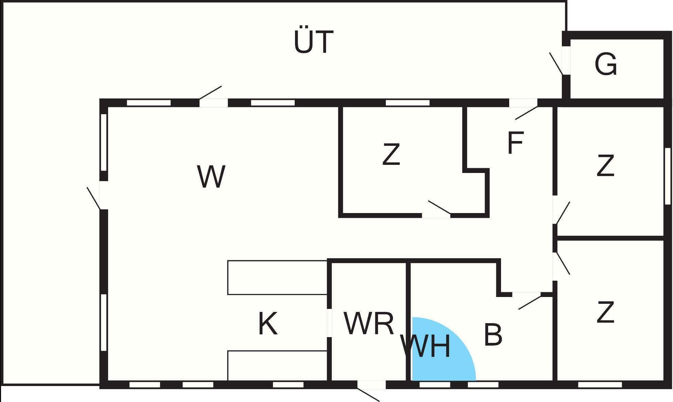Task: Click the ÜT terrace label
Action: coord(313,41)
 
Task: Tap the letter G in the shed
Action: coord(606,64)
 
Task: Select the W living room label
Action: coord(211,176)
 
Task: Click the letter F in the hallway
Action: coord(515,143)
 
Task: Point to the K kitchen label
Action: coord(268,324)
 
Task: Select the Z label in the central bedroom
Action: coord(391,154)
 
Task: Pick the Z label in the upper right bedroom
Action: coord(605,165)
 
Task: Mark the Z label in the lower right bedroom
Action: coord(605,312)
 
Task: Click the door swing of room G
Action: coord(556,63)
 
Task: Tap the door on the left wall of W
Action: coord(93,198)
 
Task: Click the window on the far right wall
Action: coord(668,176)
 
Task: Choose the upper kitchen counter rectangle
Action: coord(277,277)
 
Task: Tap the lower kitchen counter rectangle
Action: coord(277,366)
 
